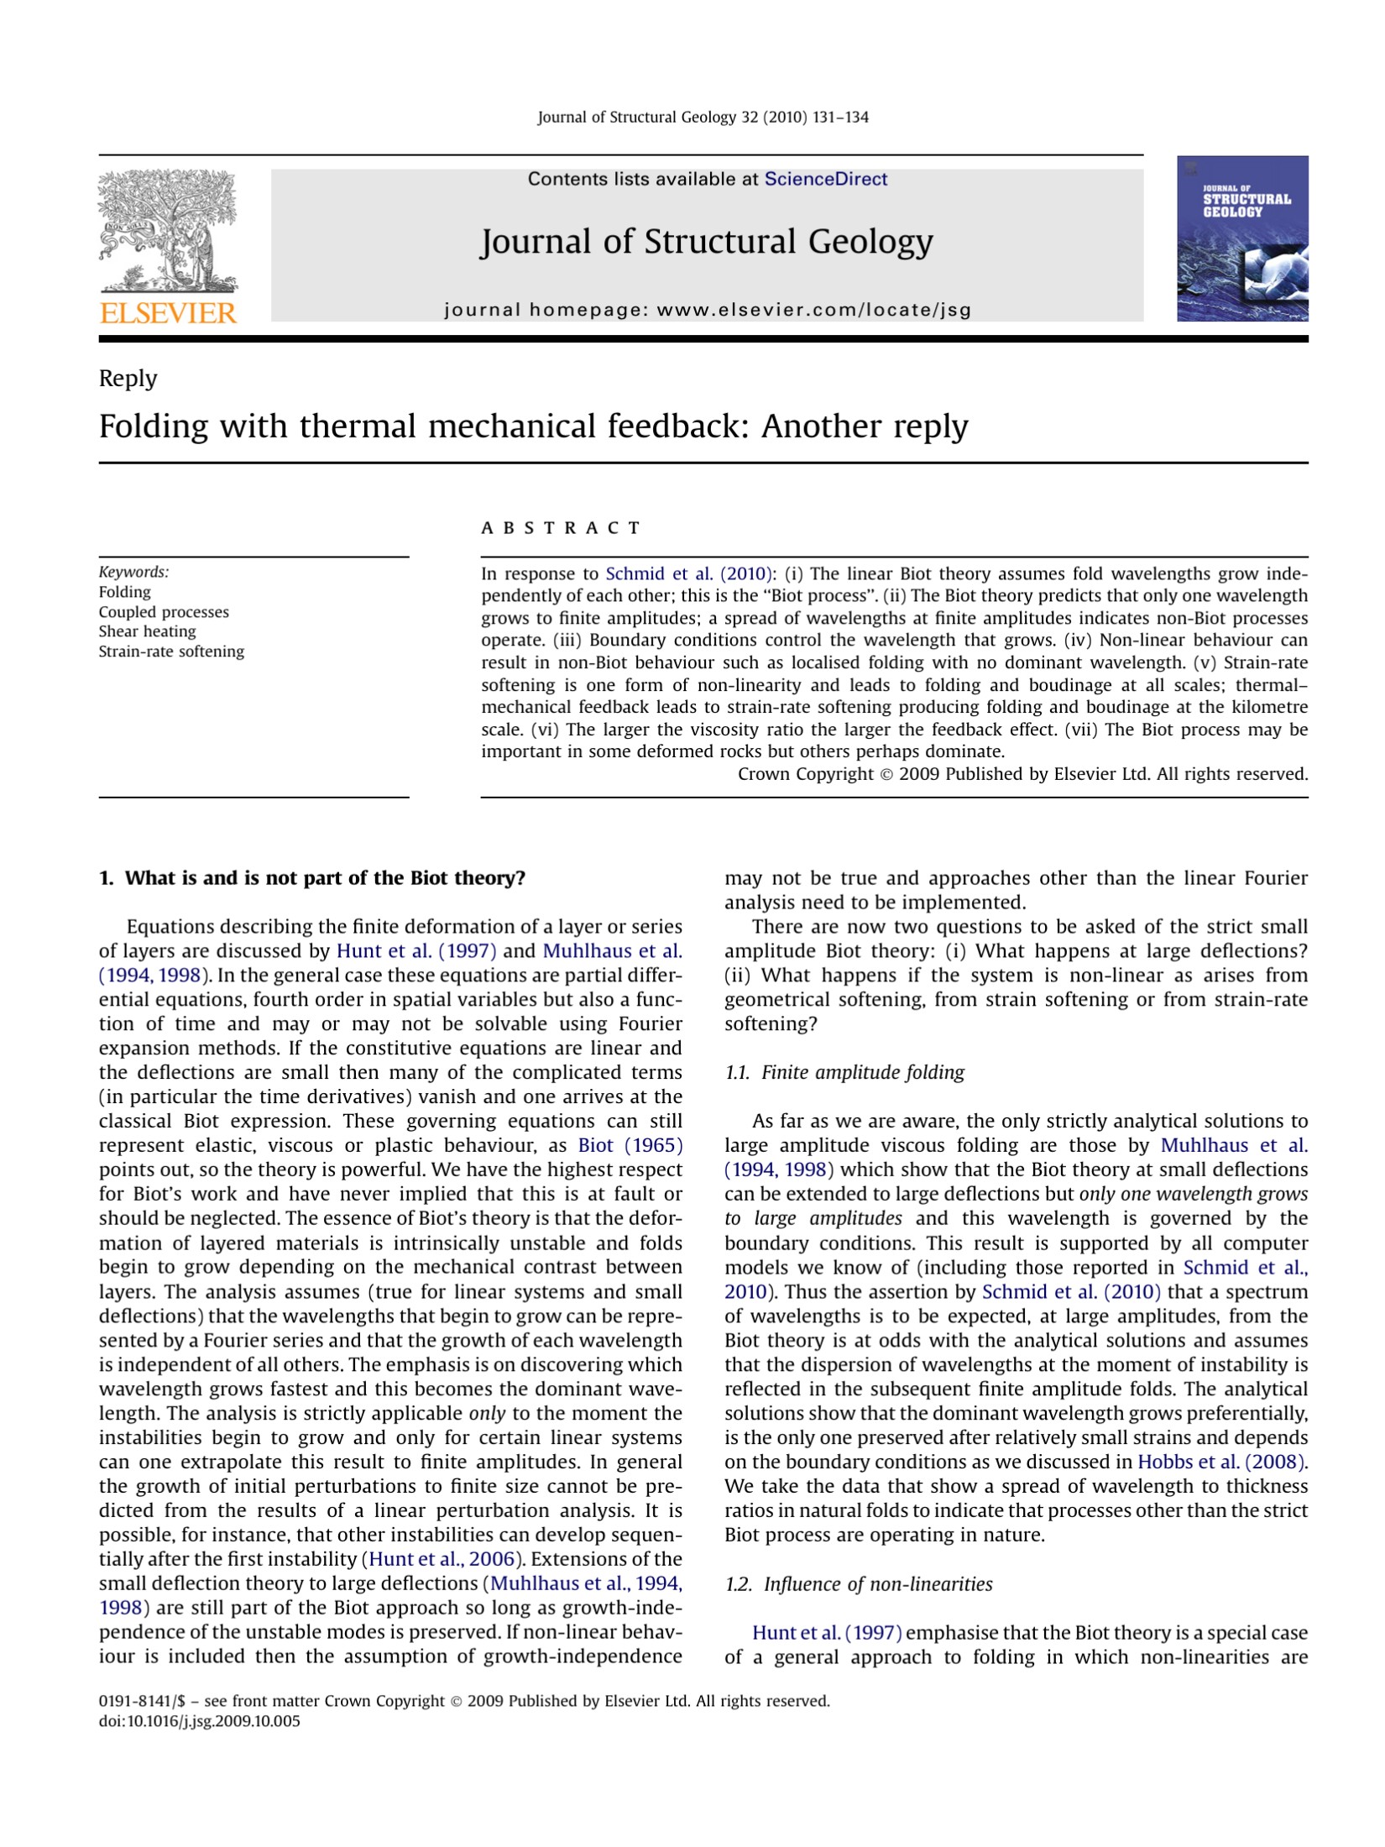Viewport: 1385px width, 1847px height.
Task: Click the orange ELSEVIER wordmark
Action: click(x=168, y=313)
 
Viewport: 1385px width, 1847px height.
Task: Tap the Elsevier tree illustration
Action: click(x=168, y=230)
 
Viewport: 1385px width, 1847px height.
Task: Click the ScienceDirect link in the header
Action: click(x=825, y=179)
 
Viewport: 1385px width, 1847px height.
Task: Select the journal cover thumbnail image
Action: click(x=1241, y=238)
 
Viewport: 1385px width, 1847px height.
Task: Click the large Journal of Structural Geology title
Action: click(x=706, y=242)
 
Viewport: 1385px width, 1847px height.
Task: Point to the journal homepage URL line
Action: click(x=707, y=310)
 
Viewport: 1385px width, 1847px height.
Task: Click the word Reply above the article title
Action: click(x=128, y=379)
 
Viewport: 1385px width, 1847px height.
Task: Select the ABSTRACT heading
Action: click(x=561, y=528)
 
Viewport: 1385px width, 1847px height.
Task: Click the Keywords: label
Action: click(x=133, y=572)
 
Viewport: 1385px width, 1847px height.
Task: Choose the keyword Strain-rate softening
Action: click(x=171, y=651)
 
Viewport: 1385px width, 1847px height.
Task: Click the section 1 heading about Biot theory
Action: click(x=312, y=878)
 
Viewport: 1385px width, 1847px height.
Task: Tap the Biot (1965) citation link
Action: click(x=630, y=1145)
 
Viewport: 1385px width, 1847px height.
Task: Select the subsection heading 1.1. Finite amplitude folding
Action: click(x=844, y=1072)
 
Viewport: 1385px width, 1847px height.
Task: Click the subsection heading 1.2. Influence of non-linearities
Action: click(x=858, y=1584)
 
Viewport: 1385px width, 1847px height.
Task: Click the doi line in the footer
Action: click(x=199, y=1721)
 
